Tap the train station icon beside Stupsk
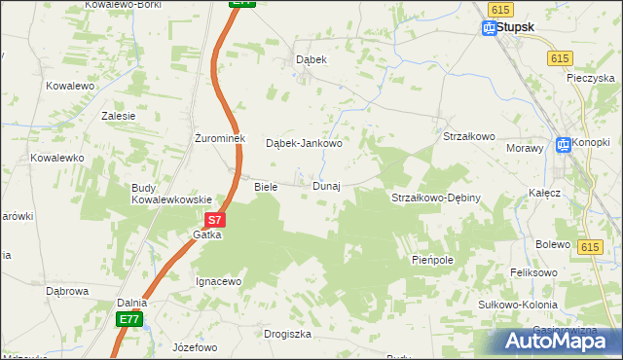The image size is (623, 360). coord(489,28)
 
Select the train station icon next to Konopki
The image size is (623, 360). coord(562,145)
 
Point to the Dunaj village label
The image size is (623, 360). coord(326,186)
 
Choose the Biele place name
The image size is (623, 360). coord(266,186)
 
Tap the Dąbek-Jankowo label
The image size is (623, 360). coord(304,143)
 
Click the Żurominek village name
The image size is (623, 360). coord(218,138)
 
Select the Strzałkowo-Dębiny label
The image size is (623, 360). coord(436,198)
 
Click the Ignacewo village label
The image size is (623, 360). coord(218,281)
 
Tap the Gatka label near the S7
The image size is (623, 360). coord(207,235)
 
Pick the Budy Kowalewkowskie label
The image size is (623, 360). coord(171,194)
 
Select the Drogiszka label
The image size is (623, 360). coord(287,334)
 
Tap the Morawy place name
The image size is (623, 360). coord(524,148)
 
